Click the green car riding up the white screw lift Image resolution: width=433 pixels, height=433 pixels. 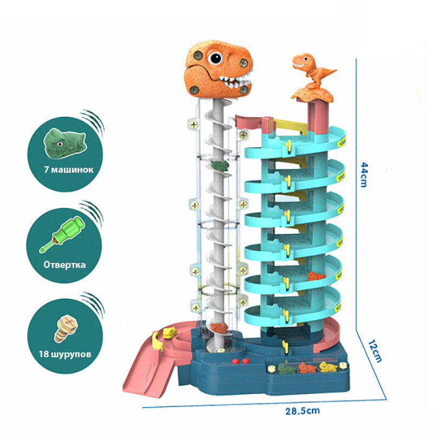[x=219, y=165]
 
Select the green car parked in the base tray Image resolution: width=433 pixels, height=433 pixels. [x=287, y=369]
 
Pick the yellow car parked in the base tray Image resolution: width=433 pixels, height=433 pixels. [x=326, y=367]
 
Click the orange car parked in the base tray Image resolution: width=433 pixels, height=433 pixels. [x=307, y=369]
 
